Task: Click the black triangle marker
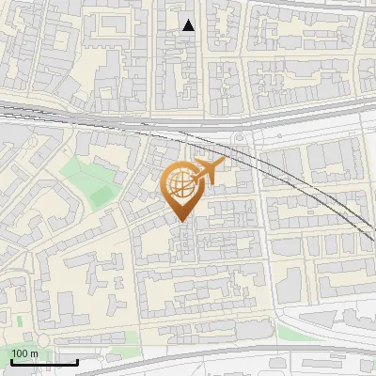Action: click(x=189, y=25)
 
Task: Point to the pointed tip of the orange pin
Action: click(x=182, y=222)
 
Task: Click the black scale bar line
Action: click(x=44, y=362)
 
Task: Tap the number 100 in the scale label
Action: click(x=19, y=353)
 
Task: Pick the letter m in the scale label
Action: click(x=34, y=353)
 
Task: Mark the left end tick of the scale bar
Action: click(x=10, y=360)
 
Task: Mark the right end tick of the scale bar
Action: click(x=78, y=360)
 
